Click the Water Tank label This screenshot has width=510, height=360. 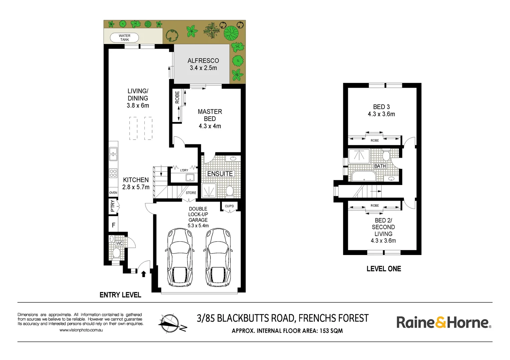[x=124, y=37]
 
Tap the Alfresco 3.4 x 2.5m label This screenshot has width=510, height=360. [x=203, y=64]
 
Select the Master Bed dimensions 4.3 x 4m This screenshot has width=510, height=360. [x=210, y=126]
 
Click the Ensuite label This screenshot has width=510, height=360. [x=220, y=174]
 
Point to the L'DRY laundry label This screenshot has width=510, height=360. [x=184, y=170]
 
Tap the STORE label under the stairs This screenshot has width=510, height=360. [x=191, y=193]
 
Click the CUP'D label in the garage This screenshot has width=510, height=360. [x=229, y=206]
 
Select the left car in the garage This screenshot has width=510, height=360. [x=180, y=257]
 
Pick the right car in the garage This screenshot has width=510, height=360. [x=218, y=257]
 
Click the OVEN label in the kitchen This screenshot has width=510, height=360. [x=113, y=193]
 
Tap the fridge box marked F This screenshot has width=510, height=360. [x=113, y=225]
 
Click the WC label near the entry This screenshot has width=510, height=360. [x=119, y=243]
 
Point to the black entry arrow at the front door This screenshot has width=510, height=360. [x=144, y=274]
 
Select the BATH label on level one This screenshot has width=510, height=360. [x=380, y=166]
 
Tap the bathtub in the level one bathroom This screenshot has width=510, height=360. [x=364, y=176]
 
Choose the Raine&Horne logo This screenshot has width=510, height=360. [x=443, y=322]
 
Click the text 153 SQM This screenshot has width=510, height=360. [x=331, y=331]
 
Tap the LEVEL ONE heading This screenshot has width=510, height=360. [x=384, y=269]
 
